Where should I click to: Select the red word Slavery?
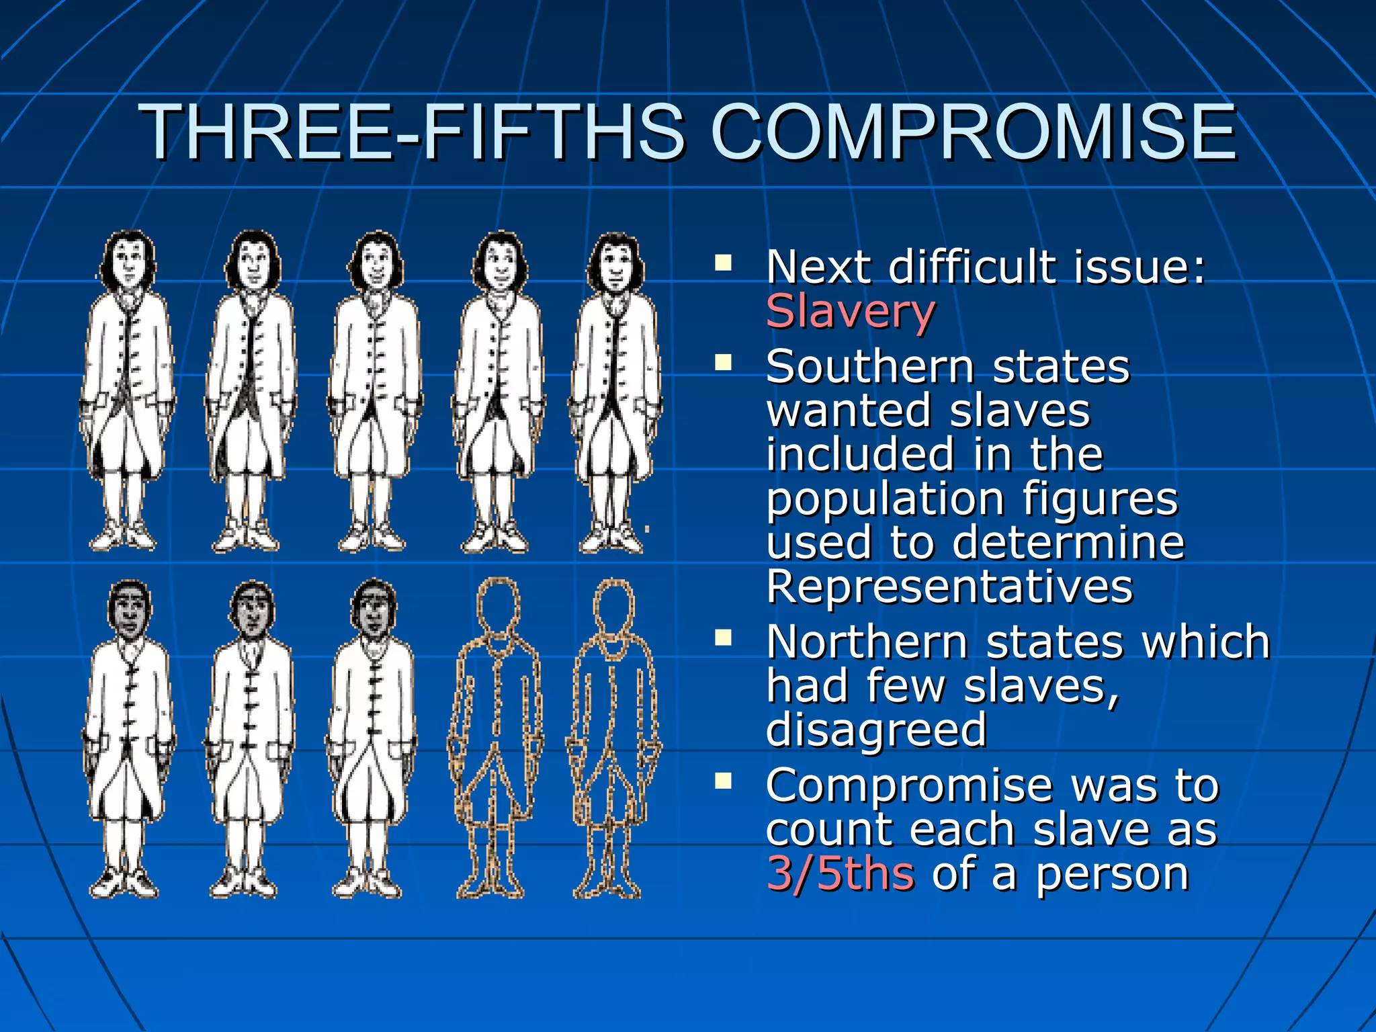tap(850, 311)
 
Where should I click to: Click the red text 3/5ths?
tap(840, 873)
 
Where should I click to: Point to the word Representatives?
tap(949, 587)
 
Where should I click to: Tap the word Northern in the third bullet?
tap(867, 642)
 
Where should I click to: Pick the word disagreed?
tap(876, 730)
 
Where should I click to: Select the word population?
tap(884, 500)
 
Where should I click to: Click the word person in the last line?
tap(1112, 874)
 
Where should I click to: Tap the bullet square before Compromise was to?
tap(723, 780)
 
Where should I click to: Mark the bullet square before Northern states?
tap(723, 637)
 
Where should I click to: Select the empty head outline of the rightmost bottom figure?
tap(613, 607)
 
